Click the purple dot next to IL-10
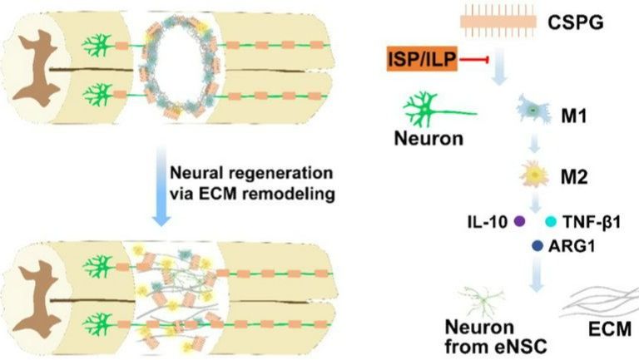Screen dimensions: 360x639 520,222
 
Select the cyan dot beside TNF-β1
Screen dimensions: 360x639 550,222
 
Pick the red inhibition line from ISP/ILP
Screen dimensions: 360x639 473,60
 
